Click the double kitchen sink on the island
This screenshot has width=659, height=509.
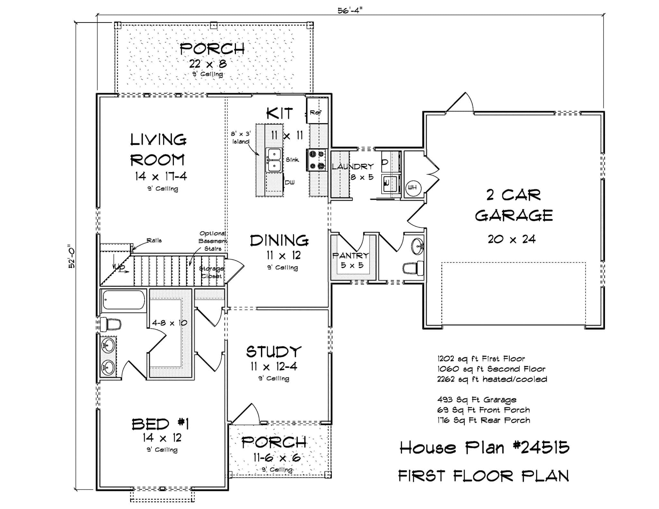(x=273, y=160)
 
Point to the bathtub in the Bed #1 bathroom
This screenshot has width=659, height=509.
(x=124, y=300)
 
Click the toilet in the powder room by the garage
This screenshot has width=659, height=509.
(x=413, y=268)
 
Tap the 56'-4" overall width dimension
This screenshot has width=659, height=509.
(x=350, y=10)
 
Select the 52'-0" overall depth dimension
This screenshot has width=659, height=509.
(x=71, y=256)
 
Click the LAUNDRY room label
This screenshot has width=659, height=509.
(x=353, y=166)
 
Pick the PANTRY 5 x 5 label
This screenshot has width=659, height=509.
(x=351, y=260)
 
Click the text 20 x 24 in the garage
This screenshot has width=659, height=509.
(x=512, y=239)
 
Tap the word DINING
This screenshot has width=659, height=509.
(x=279, y=241)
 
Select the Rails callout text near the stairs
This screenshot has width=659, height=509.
(x=154, y=240)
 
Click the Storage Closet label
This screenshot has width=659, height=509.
(x=212, y=272)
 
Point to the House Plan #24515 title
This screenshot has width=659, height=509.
(x=484, y=448)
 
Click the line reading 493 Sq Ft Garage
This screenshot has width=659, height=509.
(x=477, y=400)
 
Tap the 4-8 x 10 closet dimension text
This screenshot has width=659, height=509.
(x=169, y=323)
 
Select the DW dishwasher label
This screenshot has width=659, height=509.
(x=290, y=182)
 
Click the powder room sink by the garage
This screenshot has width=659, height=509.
(x=418, y=247)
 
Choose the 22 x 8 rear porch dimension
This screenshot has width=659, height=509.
(x=208, y=64)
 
